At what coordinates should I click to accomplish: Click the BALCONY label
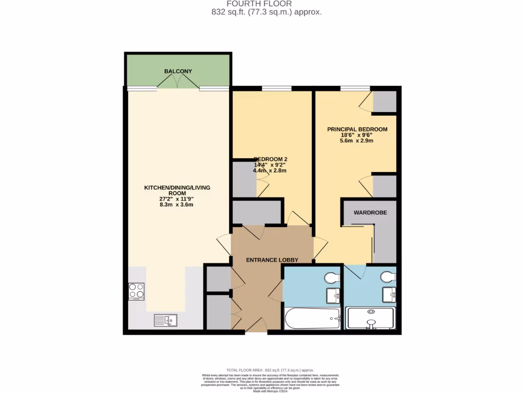178,71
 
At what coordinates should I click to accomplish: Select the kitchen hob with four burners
136,291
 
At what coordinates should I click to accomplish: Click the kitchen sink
165,320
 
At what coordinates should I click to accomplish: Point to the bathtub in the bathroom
312,319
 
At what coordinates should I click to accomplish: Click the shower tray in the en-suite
370,318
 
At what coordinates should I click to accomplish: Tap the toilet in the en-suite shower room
389,277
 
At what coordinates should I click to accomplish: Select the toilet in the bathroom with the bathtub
332,277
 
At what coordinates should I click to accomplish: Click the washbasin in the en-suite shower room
389,295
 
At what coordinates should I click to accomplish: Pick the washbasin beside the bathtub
334,295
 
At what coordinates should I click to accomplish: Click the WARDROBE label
370,212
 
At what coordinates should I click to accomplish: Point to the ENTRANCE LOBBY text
272,260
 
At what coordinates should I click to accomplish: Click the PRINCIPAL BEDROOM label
357,129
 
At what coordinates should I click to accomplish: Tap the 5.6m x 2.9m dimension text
357,141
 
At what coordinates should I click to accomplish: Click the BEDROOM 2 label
270,159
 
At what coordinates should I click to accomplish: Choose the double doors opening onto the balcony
178,83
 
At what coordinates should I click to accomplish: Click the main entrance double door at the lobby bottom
256,325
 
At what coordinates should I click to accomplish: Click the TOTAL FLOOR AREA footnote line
270,370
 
